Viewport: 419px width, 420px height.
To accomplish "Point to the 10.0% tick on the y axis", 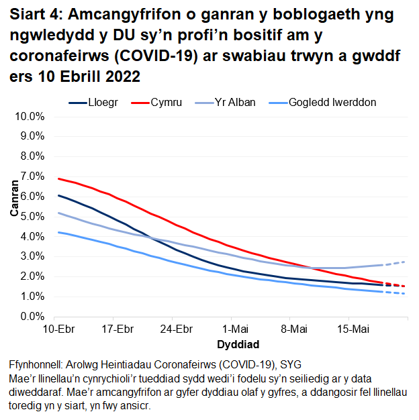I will pos(30,116).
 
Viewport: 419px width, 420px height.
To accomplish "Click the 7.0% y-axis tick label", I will pos(32,176).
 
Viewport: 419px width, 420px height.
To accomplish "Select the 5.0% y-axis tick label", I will pos(32,216).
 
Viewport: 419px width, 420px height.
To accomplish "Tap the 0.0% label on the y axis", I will pos(32,316).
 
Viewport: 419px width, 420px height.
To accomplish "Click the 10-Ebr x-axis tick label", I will pos(58,329).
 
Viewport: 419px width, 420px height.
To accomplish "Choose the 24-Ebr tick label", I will pos(177,329).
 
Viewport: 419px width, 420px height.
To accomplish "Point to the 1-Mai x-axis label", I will pos(235,329).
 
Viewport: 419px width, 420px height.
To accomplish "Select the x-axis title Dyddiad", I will pos(234,344).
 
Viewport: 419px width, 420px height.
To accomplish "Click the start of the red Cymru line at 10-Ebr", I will pos(59,178).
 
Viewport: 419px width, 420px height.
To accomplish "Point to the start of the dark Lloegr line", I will pos(59,195).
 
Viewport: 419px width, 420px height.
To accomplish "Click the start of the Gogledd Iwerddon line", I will pos(59,232).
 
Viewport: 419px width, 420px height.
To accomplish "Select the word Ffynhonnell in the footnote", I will pos(37,365).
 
